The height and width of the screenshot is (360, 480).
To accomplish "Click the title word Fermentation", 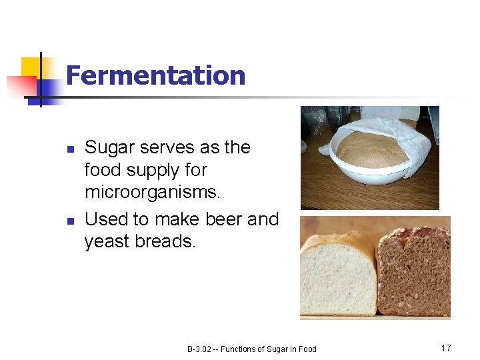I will (x=155, y=75).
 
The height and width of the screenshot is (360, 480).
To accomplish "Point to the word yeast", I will (x=107, y=241).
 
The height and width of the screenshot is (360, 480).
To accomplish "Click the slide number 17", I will (x=446, y=348).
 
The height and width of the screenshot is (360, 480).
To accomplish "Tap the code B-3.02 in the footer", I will (x=199, y=349).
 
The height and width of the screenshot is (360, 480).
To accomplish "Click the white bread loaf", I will (x=337, y=277).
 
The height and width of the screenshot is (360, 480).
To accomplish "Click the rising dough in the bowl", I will (x=369, y=151).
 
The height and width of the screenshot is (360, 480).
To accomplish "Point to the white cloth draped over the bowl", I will (x=401, y=134).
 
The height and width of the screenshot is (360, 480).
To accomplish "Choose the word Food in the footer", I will (x=307, y=349).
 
